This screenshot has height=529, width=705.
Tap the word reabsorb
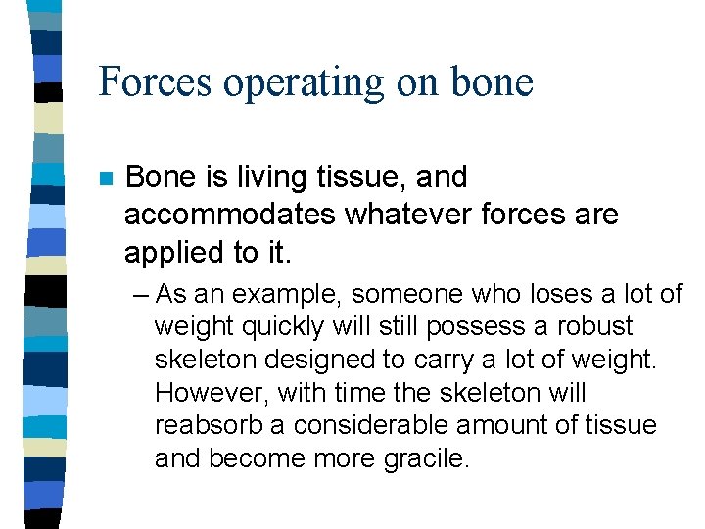coord(210,426)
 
